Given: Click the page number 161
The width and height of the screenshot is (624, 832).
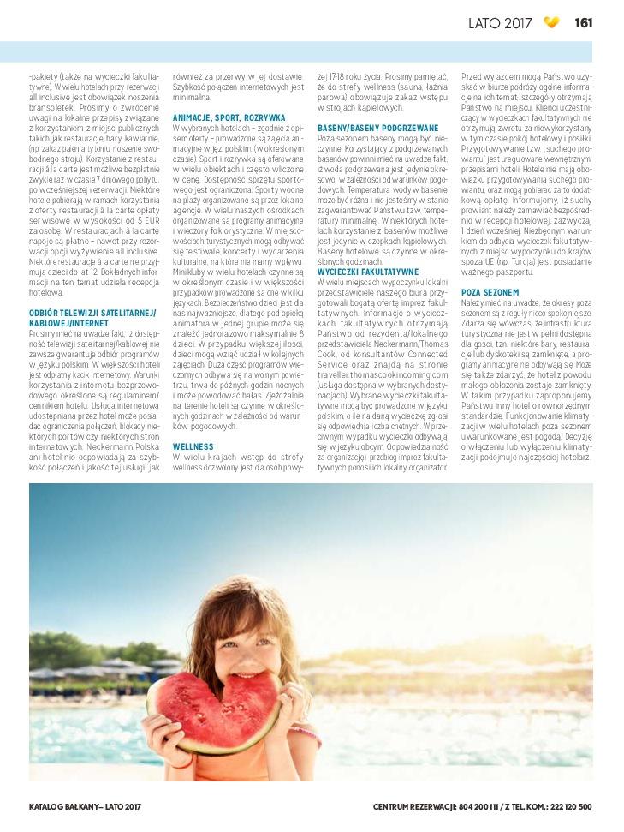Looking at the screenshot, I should [x=584, y=22].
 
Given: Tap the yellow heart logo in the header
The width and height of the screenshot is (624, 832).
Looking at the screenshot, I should [x=552, y=22].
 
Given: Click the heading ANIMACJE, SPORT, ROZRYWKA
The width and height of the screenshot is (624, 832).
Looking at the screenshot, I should [x=229, y=117].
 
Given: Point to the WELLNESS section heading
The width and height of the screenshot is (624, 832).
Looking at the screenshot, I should [x=193, y=446].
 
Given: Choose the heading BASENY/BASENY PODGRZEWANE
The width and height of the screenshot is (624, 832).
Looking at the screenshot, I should [x=366, y=127].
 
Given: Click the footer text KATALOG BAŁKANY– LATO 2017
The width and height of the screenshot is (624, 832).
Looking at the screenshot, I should [x=84, y=806].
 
